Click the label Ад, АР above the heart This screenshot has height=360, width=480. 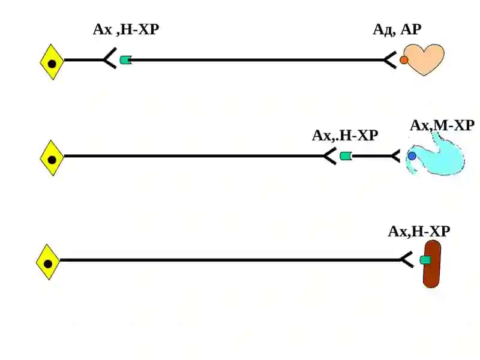[397, 30]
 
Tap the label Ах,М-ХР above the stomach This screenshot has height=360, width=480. [442, 125]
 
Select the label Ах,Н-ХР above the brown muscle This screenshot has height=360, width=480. [419, 232]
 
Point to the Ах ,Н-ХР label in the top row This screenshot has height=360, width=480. [126, 29]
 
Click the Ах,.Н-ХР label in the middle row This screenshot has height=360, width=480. [345, 136]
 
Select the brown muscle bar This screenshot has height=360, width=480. [431, 264]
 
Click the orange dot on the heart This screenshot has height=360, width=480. [404, 60]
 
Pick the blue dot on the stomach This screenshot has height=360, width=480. [412, 156]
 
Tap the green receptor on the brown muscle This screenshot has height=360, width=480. [425, 260]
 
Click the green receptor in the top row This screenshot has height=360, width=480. [125, 59]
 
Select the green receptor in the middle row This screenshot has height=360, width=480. [346, 156]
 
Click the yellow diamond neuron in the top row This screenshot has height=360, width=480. [52, 62]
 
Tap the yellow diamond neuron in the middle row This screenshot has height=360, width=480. [52, 158]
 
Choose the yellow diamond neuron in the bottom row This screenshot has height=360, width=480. [48, 262]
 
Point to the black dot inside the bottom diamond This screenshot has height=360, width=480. [48, 263]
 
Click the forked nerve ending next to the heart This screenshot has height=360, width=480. [391, 60]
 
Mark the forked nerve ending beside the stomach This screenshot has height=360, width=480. [395, 156]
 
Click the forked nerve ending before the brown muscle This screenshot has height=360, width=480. [406, 260]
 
